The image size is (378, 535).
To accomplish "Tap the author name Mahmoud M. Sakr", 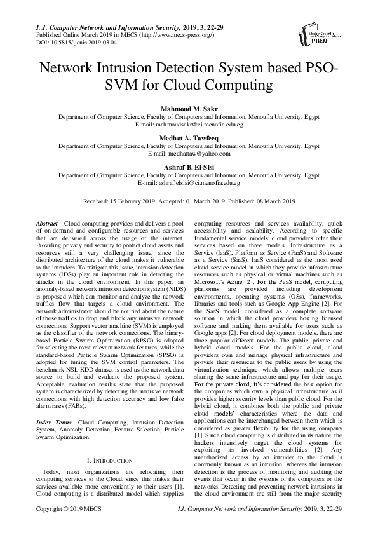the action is [x=189, y=109].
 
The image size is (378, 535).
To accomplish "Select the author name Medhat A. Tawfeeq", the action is [x=189, y=137].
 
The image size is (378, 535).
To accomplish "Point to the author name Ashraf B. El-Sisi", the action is [x=189, y=165].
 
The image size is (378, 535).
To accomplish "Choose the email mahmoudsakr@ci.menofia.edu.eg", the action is [x=207, y=125].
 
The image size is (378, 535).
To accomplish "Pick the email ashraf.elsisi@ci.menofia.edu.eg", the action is [x=206, y=182].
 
